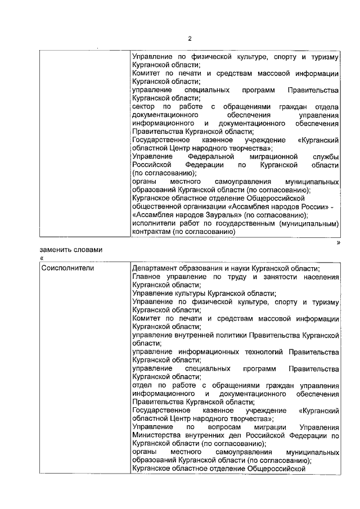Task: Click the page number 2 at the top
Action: [x=190, y=39]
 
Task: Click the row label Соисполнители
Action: [x=67, y=268]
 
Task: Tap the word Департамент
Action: [x=155, y=268]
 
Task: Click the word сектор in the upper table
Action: [x=143, y=107]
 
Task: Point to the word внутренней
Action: [x=189, y=335]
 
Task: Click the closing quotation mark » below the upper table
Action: [x=338, y=242]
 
